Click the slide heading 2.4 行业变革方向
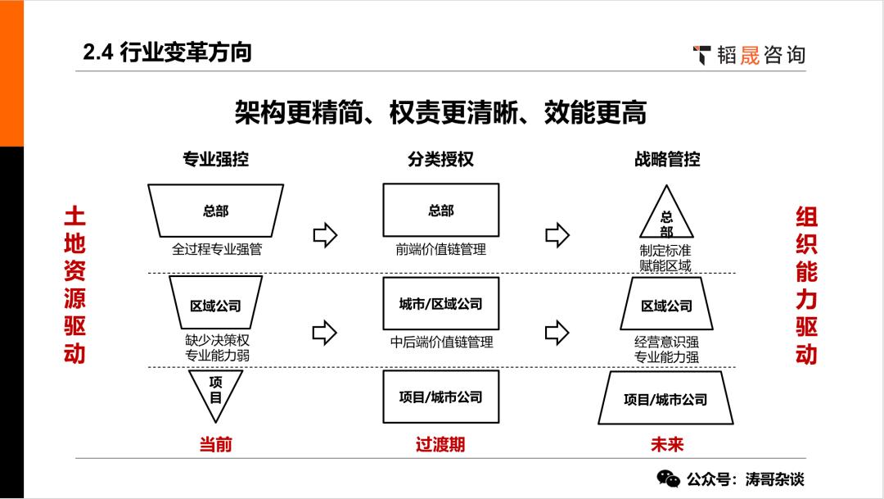point(167,52)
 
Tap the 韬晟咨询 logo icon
point(702,55)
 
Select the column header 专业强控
point(215,159)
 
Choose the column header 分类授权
point(440,159)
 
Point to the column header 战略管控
point(667,159)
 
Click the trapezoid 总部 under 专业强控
point(215,211)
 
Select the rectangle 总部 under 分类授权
point(440,211)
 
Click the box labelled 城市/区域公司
point(440,304)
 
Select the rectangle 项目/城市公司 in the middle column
point(440,397)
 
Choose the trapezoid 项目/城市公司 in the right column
point(665,400)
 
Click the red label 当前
point(215,444)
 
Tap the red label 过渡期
point(440,444)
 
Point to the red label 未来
point(667,444)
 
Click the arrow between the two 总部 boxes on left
point(325,236)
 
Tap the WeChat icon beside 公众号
point(669,479)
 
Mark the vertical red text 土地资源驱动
point(74,285)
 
